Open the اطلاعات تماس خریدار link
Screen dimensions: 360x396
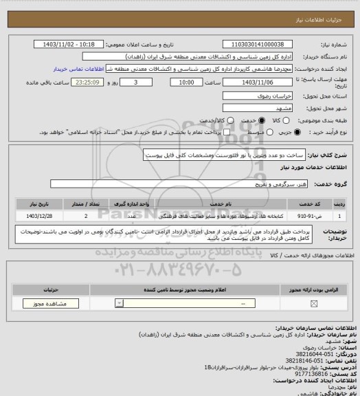(x=77, y=69)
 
